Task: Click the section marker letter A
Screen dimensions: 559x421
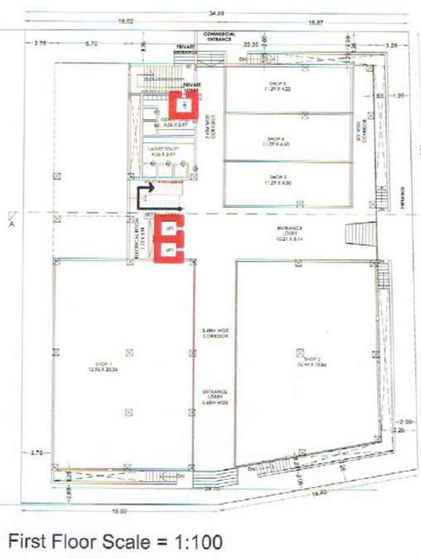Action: click(11, 225)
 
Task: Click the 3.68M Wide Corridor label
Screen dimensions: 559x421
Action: click(215, 334)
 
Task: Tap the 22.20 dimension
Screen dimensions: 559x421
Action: click(252, 44)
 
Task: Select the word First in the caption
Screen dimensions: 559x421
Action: click(28, 542)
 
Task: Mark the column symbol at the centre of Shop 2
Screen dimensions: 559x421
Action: click(300, 352)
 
